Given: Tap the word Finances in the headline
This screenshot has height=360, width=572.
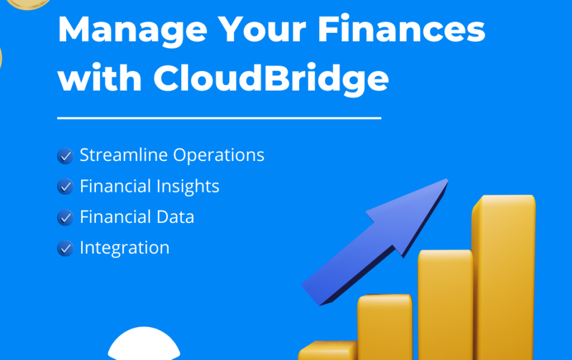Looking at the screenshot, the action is [x=401, y=29].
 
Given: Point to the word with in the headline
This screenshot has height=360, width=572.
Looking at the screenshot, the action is [x=100, y=77].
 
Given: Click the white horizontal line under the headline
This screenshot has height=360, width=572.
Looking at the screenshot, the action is [x=219, y=118].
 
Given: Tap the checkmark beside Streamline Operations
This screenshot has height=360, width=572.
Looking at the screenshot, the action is [x=66, y=156].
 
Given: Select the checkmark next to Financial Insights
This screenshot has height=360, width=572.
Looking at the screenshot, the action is [x=66, y=187].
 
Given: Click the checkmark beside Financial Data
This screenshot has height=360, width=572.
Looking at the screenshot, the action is [x=66, y=218].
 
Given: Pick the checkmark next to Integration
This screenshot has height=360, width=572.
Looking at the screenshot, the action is [x=66, y=249].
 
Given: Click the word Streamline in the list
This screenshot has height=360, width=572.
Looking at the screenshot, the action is [x=124, y=154].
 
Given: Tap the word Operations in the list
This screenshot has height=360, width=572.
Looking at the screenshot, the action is [x=219, y=156].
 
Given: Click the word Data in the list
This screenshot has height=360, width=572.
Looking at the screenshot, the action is [x=175, y=217].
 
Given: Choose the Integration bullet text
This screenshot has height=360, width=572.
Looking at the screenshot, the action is [x=125, y=249].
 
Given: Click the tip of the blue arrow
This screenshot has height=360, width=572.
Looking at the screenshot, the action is [x=447, y=179].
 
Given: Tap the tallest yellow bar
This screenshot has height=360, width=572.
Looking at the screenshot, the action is [x=504, y=277].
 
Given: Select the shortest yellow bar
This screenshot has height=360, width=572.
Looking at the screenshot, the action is [x=328, y=350].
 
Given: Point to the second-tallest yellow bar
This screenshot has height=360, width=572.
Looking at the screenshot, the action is [x=446, y=305].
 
